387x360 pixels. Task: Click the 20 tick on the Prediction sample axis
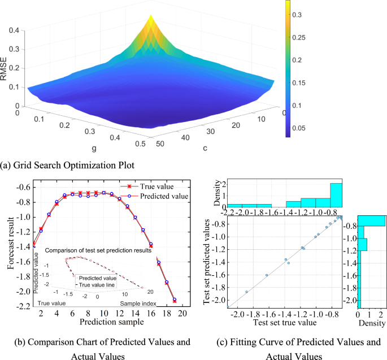(x=181, y=313)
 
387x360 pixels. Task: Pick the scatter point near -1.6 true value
(x=267, y=275)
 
